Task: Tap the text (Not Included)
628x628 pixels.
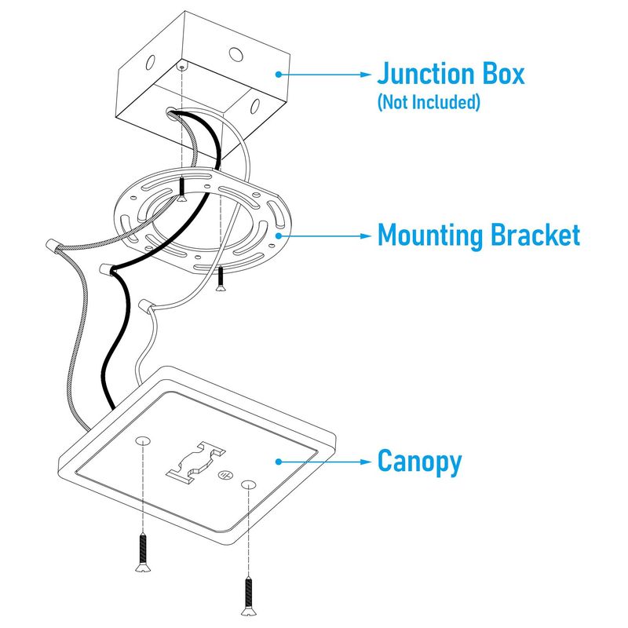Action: tap(428, 102)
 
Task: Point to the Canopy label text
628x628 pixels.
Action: tap(419, 461)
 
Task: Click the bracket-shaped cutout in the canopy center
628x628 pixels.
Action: tap(194, 459)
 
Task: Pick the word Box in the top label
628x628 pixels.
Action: tap(499, 75)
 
